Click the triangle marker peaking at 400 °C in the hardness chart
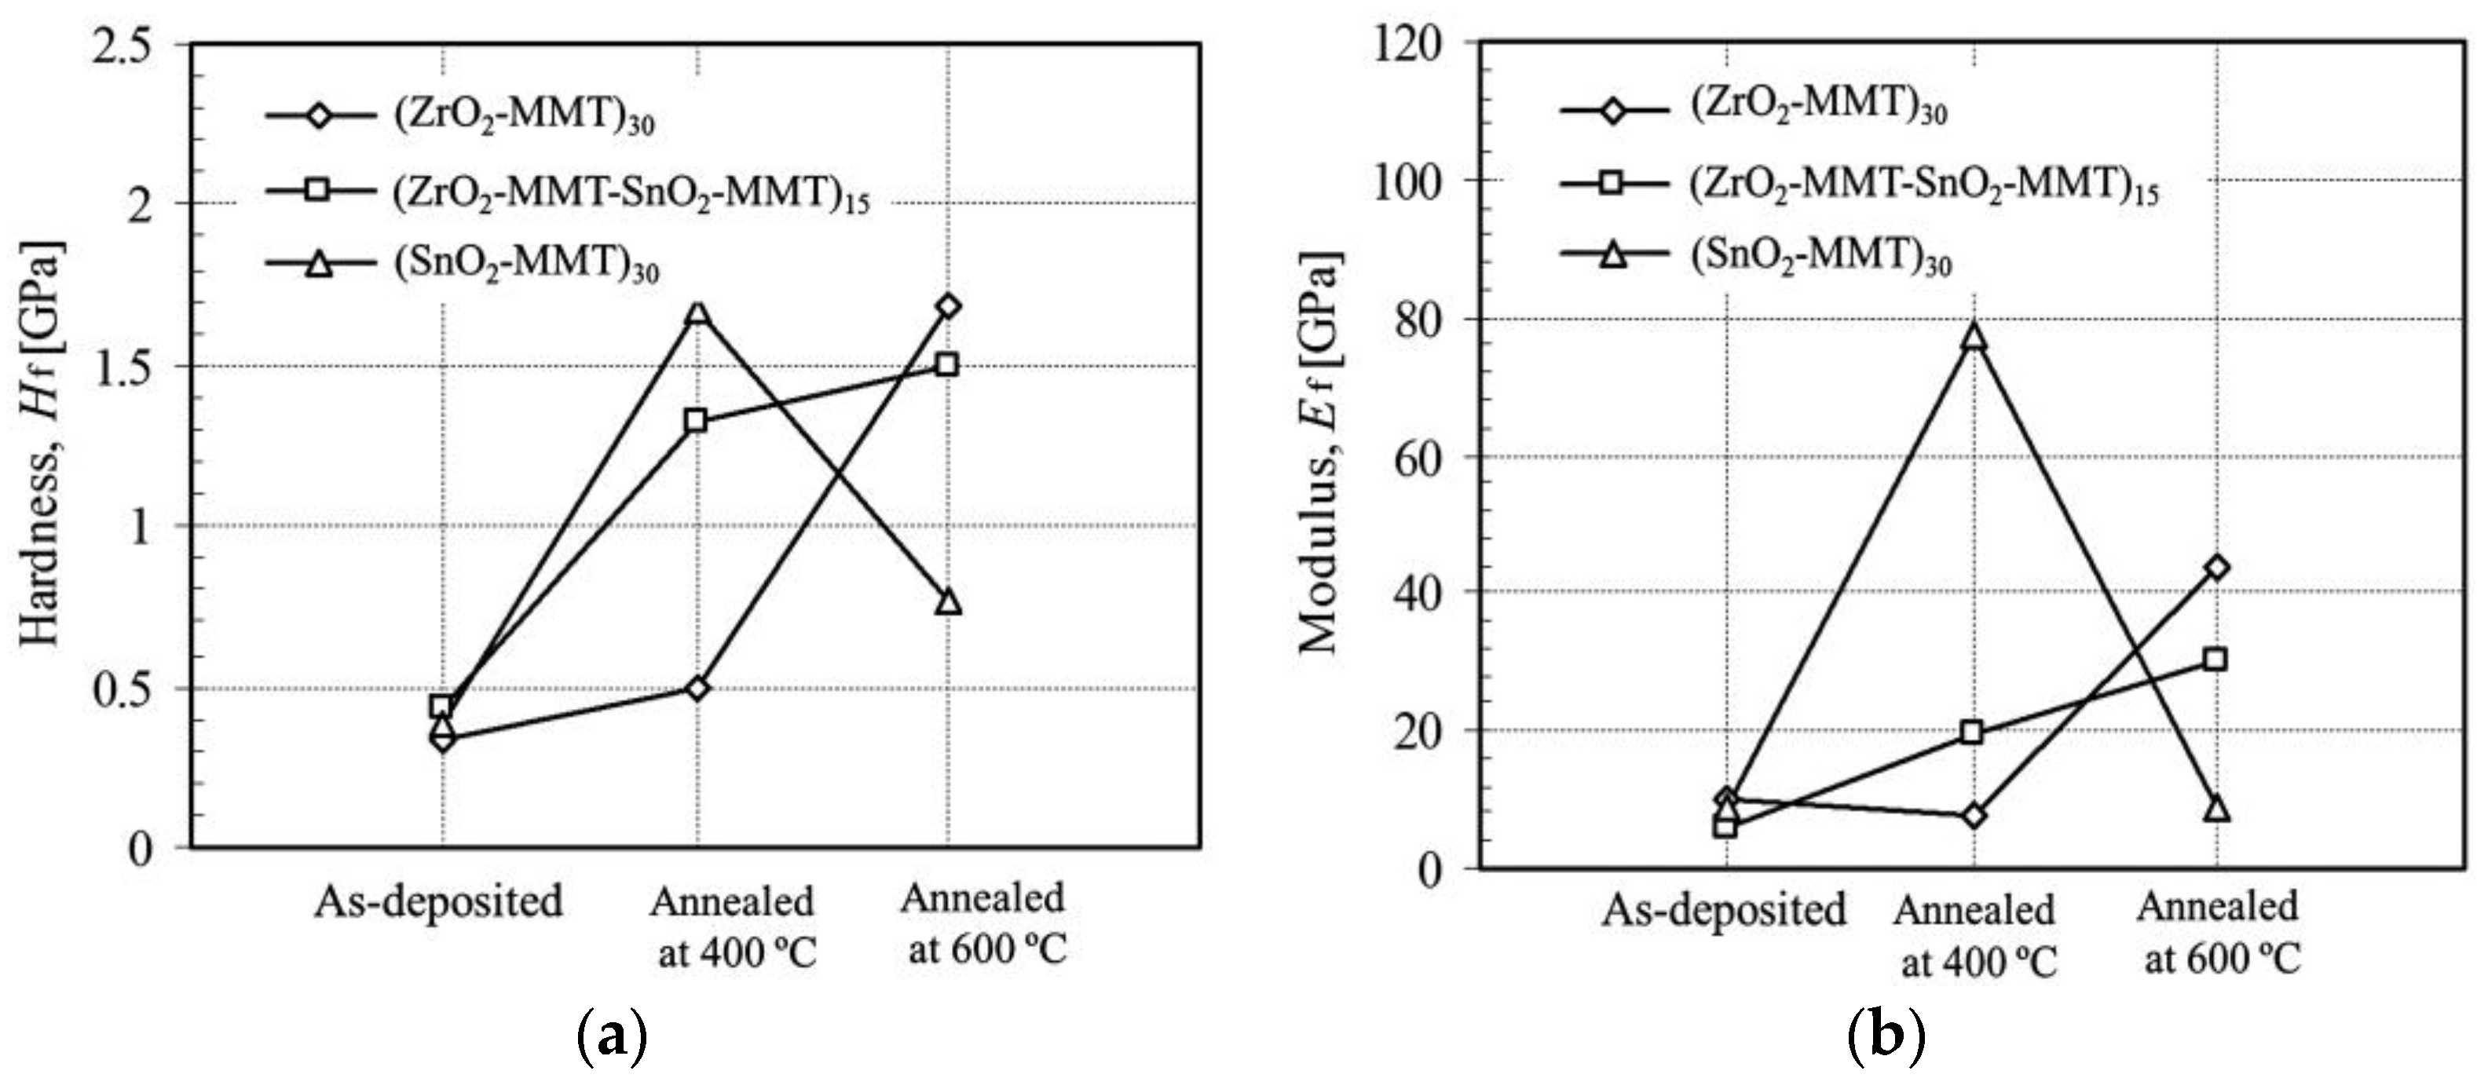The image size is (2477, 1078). pos(697,313)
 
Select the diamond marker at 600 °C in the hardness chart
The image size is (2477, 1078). pos(948,305)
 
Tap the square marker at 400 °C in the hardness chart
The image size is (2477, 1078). pos(696,420)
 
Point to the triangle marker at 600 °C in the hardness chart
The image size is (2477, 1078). pos(948,603)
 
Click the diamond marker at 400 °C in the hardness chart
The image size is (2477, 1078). pos(698,688)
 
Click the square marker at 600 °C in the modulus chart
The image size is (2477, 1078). pos(2215,659)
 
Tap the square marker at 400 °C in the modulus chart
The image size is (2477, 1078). pos(1971,733)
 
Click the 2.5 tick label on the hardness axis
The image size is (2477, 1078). pos(122,46)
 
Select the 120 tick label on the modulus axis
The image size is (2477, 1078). pos(1410,43)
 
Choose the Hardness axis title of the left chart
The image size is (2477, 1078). pos(40,442)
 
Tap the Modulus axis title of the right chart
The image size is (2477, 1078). pos(1319,452)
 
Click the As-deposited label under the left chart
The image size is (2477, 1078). pos(438,902)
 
